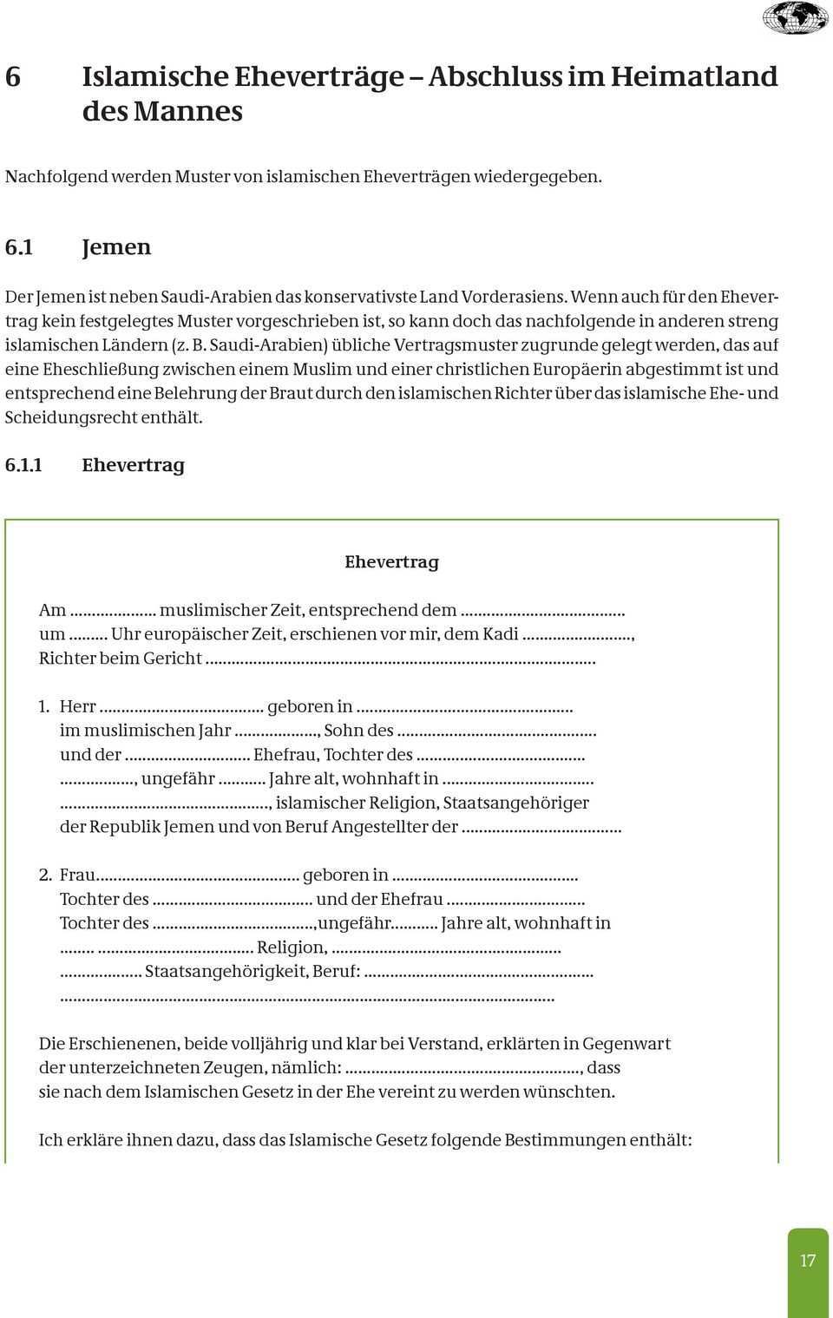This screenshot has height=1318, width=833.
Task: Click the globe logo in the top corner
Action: (x=795, y=18)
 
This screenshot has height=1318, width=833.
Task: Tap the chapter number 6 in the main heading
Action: (x=13, y=76)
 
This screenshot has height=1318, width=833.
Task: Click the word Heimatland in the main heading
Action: (x=694, y=76)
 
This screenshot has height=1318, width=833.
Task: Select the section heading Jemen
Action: (x=116, y=247)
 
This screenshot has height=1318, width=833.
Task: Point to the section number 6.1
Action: (x=19, y=247)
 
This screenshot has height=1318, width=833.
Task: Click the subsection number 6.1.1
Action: (x=23, y=465)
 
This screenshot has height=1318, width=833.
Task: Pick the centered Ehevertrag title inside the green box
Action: (x=391, y=561)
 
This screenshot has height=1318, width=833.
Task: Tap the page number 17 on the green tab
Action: (x=808, y=1260)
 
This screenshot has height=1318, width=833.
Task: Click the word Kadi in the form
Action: (x=501, y=633)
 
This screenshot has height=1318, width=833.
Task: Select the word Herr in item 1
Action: (x=77, y=706)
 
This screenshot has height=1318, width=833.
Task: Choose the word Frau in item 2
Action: (x=77, y=875)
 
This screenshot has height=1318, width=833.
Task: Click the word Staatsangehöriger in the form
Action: (x=515, y=803)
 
